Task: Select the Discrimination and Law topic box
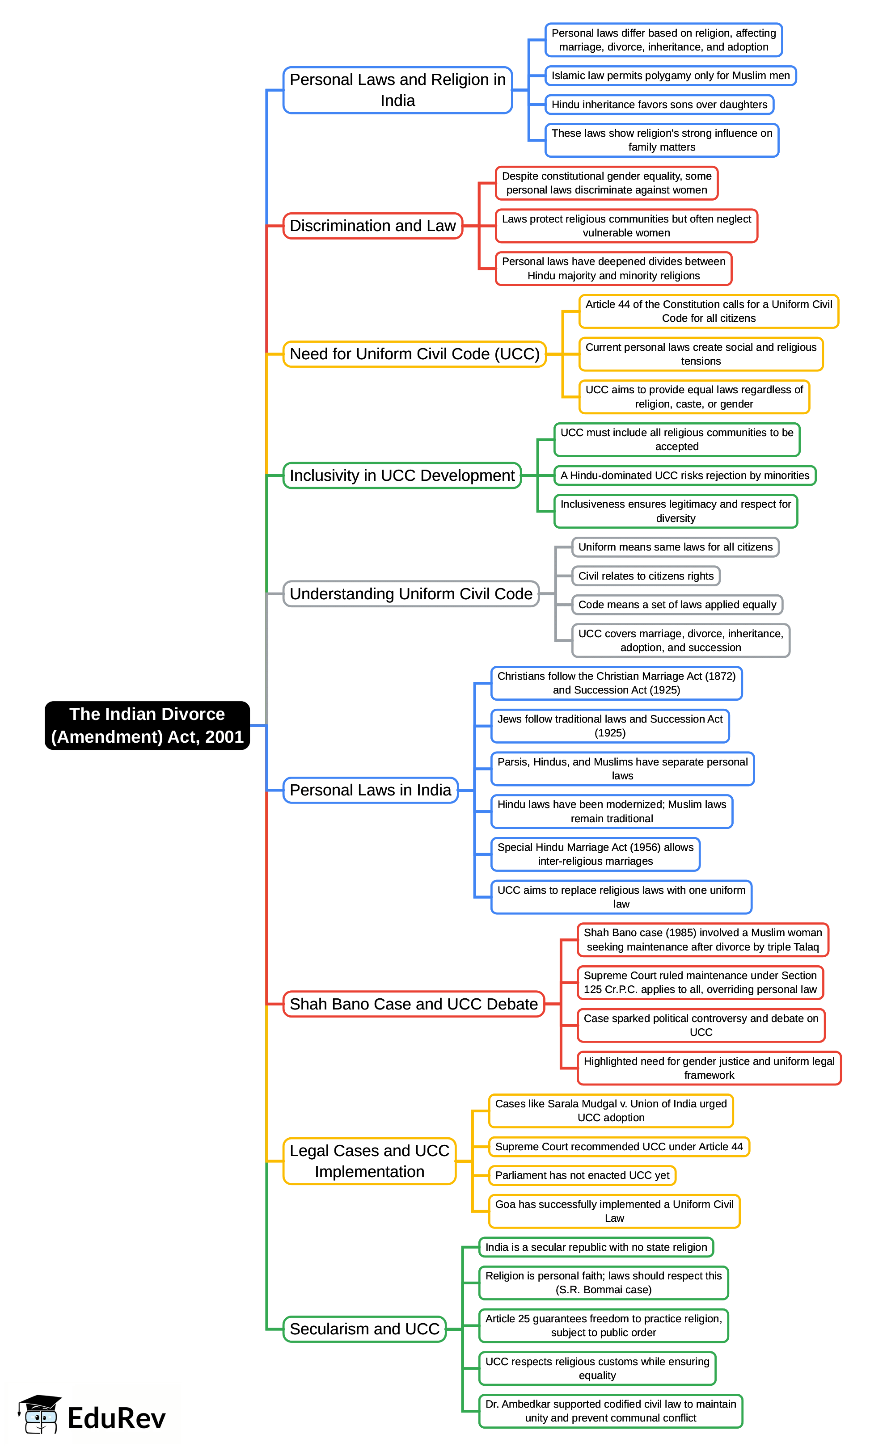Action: click(x=372, y=226)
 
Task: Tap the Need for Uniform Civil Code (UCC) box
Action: click(x=414, y=354)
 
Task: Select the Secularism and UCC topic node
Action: click(x=364, y=1329)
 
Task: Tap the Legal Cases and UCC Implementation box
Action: click(x=369, y=1161)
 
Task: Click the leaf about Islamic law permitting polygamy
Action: click(x=670, y=76)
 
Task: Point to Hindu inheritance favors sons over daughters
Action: click(x=659, y=104)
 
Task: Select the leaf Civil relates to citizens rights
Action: click(x=646, y=576)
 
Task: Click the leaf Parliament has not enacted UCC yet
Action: click(x=582, y=1175)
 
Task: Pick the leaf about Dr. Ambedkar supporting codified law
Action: click(x=610, y=1410)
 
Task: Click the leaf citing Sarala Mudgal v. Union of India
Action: click(x=611, y=1110)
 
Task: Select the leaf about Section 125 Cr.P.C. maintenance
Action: click(x=700, y=982)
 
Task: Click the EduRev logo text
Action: click(x=116, y=1418)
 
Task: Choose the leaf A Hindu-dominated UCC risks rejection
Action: click(x=684, y=475)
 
